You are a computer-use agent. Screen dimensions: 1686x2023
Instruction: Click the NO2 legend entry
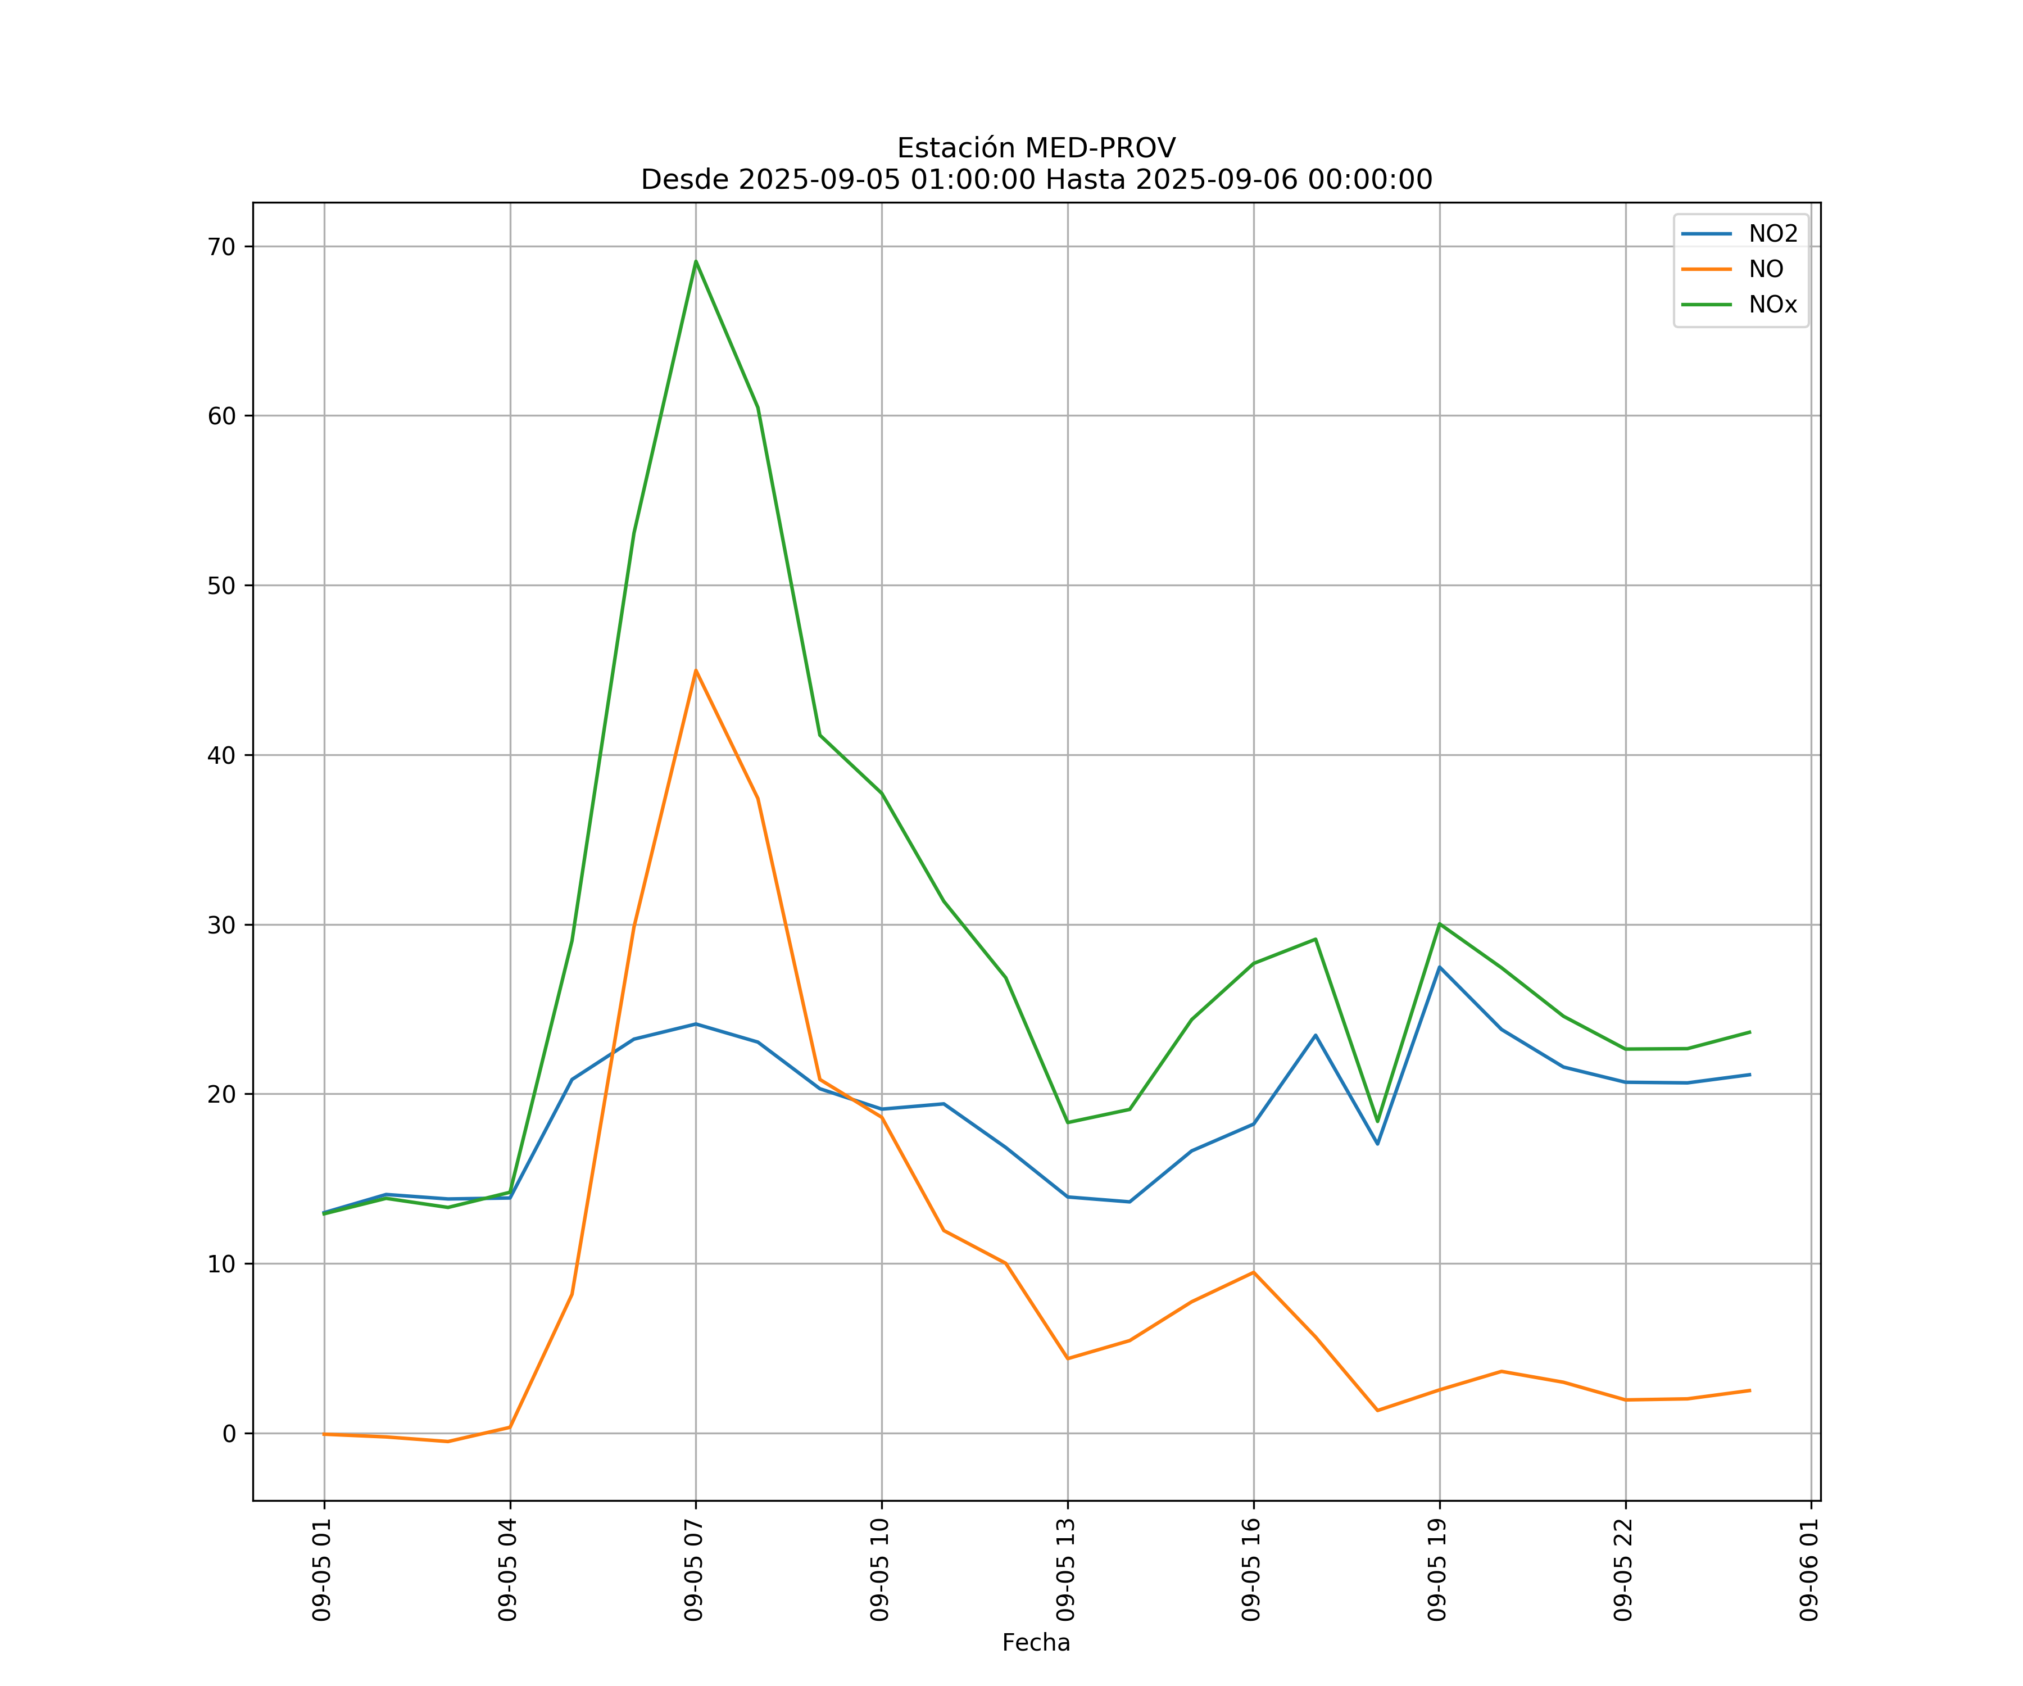point(1772,234)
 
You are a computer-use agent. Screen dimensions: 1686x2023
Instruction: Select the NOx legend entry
point(1772,305)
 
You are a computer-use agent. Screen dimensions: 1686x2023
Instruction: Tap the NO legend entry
point(1766,270)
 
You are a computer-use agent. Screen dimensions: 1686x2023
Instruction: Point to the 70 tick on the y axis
point(221,247)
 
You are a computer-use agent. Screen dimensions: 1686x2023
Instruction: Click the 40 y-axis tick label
point(221,755)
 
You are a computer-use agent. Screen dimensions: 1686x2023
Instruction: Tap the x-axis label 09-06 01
point(1809,1569)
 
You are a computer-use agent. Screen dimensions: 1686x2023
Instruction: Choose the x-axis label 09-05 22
point(1624,1569)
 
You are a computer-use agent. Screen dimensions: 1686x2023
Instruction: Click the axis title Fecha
point(1036,1643)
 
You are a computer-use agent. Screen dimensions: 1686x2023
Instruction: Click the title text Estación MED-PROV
point(1036,148)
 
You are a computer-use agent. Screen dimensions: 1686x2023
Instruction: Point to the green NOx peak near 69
point(696,261)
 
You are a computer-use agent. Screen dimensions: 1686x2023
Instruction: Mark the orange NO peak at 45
point(696,670)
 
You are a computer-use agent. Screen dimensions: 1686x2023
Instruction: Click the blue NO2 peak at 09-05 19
point(1439,967)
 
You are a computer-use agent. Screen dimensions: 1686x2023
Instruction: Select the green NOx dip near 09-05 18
point(1377,1121)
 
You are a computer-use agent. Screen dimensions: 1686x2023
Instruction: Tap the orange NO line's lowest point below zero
point(448,1442)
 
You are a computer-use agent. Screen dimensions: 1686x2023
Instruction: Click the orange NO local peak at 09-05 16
point(1253,1273)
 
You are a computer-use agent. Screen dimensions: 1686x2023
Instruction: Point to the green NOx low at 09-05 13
point(1067,1122)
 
